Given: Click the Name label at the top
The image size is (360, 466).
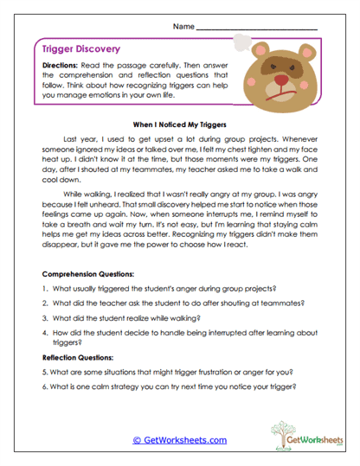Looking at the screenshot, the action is tap(183, 27).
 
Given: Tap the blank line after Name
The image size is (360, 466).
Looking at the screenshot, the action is tap(257, 29).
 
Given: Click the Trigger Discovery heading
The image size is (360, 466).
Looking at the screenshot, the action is tap(81, 50).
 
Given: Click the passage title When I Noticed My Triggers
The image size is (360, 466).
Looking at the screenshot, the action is tap(180, 124).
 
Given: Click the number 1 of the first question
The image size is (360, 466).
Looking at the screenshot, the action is tap(44, 288).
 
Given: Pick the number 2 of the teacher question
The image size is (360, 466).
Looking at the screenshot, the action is tap(44, 303).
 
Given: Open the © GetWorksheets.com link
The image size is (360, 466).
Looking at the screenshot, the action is tap(180, 440).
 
